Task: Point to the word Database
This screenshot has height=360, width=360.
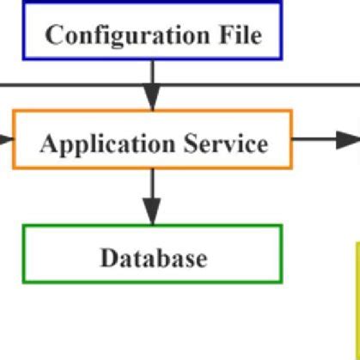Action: click(153, 257)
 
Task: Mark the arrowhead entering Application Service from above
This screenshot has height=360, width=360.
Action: click(152, 101)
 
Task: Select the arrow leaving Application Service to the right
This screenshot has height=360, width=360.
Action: click(318, 139)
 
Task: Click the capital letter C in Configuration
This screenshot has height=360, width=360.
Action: click(52, 36)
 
